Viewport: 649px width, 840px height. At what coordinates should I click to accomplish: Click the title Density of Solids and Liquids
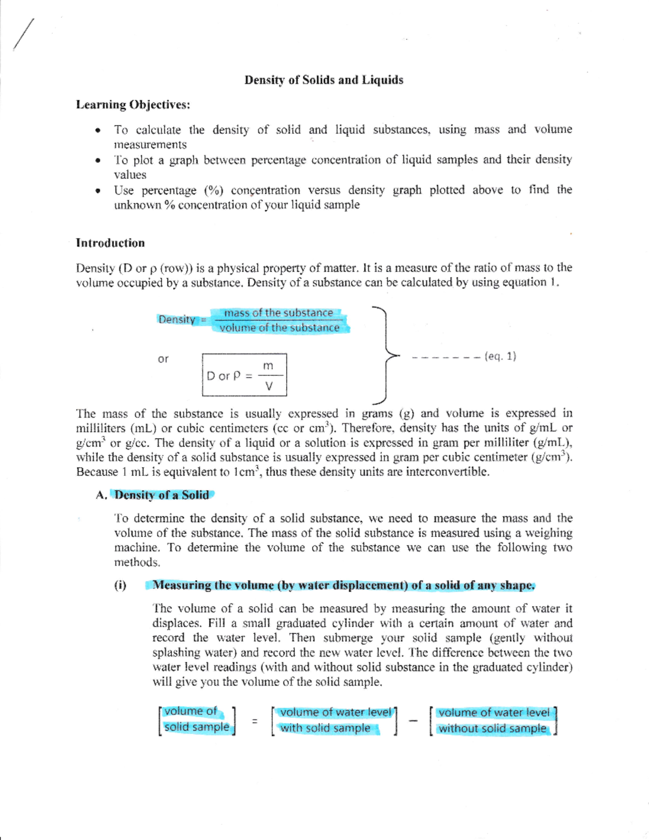coord(323,80)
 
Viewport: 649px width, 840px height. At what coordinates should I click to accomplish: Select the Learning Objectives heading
coord(133,104)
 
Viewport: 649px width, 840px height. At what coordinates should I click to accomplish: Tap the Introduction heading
coord(110,243)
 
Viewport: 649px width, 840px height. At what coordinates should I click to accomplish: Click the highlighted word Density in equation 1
coord(177,320)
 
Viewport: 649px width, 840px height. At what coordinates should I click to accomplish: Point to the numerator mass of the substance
coord(279,313)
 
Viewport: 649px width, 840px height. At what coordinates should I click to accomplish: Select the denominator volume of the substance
coord(280,328)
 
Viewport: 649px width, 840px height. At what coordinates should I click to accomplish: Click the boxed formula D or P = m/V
coord(244,375)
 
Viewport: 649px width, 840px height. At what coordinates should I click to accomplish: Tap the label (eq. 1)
coord(500,356)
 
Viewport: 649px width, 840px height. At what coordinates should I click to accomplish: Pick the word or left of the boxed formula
coord(163,359)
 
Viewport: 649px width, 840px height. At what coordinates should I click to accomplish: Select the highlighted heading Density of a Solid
coord(161,495)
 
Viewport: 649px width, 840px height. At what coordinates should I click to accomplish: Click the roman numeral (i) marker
coord(120,585)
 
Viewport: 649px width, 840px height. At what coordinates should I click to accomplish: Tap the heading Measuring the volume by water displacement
coord(343,585)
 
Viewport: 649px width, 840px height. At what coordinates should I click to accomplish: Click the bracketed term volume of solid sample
coord(196,719)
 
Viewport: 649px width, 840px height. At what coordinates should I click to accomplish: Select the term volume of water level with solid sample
coord(334,720)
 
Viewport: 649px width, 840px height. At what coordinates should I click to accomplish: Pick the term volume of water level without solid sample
coord(493,720)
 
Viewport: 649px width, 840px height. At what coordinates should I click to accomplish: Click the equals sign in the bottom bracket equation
coord(254,721)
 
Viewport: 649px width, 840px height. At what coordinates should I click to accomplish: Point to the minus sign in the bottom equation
coord(413,720)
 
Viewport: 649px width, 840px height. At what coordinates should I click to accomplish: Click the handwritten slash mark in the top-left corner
coord(24,35)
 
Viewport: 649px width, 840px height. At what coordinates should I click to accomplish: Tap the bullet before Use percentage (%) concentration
coord(97,190)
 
